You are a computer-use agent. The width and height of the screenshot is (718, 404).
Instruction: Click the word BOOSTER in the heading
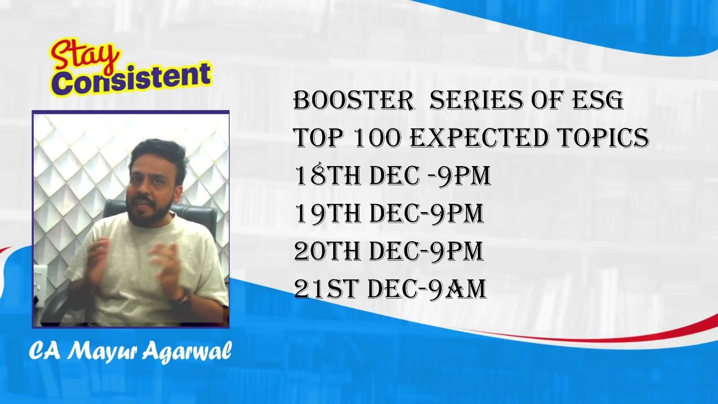tap(353, 100)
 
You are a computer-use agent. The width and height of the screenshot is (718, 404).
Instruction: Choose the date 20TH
tap(328, 251)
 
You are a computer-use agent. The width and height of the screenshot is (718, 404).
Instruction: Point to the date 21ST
tap(326, 289)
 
